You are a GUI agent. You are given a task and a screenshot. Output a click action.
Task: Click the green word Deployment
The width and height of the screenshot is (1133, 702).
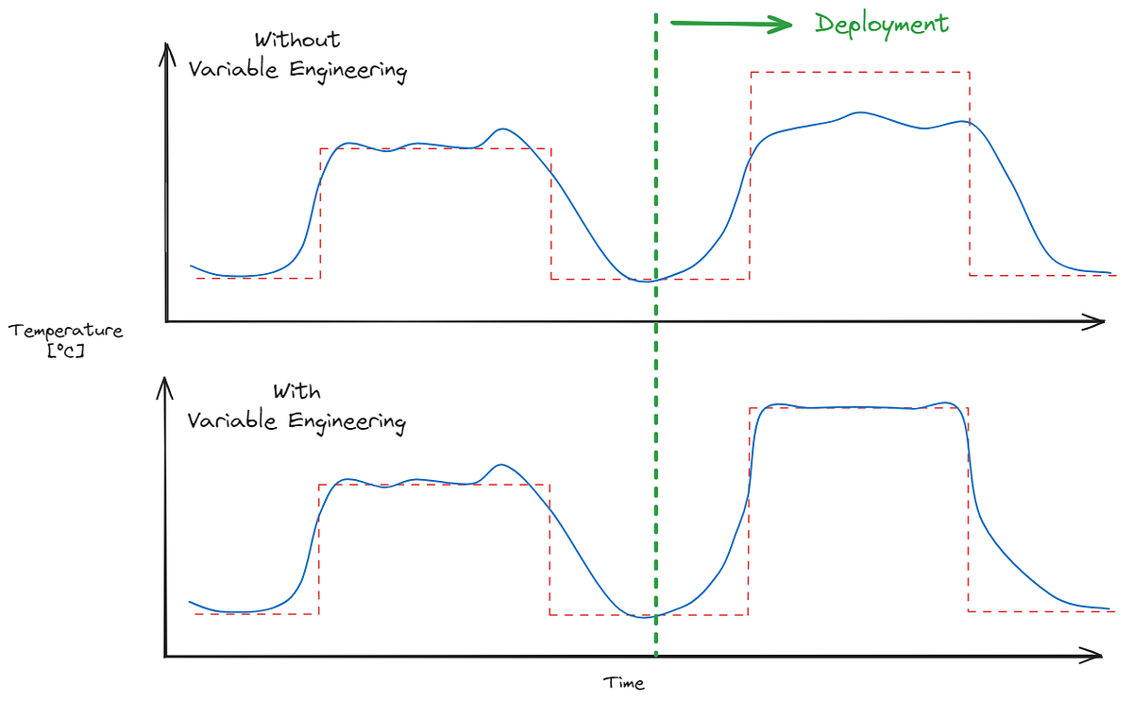point(882,25)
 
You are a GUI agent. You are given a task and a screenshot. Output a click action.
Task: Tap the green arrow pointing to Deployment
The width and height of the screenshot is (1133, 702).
point(732,25)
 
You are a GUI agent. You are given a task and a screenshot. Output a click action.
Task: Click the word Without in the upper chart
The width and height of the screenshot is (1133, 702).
point(297,41)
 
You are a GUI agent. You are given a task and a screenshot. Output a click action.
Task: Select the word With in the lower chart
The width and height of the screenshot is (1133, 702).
point(297,390)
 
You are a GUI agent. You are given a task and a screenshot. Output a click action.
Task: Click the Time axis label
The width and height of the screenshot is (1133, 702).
point(625,683)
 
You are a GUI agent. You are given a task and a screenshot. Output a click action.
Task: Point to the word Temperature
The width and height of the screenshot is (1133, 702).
point(66,331)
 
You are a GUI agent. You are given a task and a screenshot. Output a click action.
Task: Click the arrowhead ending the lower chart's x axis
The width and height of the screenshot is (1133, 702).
point(1097,655)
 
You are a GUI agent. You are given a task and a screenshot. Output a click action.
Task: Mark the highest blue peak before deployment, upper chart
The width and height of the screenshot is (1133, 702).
point(503,128)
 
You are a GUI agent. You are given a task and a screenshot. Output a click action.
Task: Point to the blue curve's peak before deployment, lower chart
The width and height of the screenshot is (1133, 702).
point(501,465)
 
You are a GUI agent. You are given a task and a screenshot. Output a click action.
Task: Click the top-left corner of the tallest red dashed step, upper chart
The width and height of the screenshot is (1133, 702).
point(751,72)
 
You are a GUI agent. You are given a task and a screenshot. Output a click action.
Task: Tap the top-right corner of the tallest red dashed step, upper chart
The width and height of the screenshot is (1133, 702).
point(970,72)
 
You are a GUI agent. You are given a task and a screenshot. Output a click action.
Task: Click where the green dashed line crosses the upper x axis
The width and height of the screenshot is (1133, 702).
point(655,322)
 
